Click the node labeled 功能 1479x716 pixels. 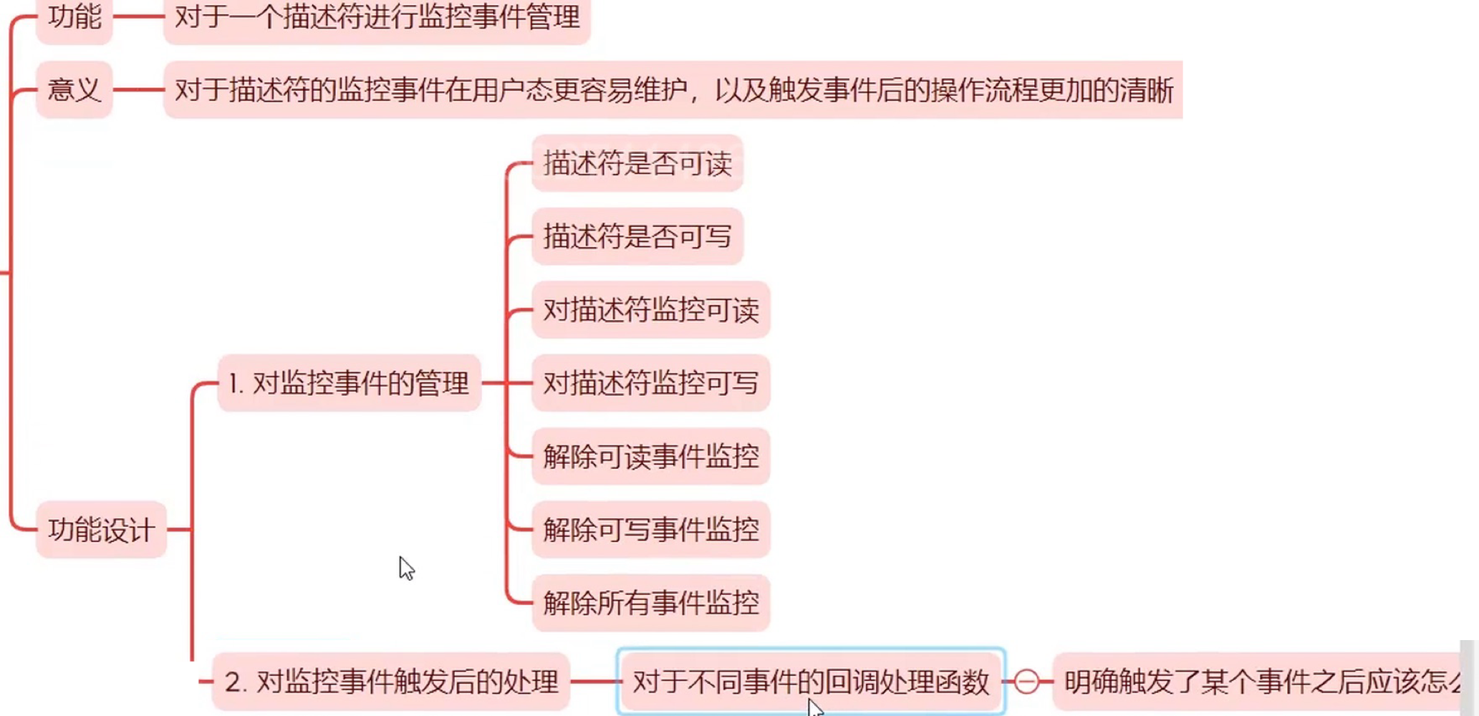click(x=74, y=17)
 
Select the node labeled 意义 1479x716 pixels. click(x=74, y=90)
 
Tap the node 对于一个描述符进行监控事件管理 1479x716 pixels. click(x=377, y=17)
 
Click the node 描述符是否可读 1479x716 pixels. click(x=637, y=164)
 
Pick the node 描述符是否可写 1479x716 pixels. click(x=637, y=237)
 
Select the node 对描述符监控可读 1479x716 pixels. click(x=650, y=310)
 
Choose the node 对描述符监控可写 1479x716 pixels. click(x=650, y=383)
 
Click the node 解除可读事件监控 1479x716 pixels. click(x=650, y=456)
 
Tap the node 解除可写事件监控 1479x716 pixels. click(x=650, y=530)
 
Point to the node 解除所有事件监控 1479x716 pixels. click(x=650, y=603)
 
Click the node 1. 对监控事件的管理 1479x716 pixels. click(x=349, y=383)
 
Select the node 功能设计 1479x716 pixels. click(x=101, y=530)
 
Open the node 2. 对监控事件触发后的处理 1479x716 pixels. click(x=391, y=682)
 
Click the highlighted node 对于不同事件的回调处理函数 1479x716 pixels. click(x=811, y=682)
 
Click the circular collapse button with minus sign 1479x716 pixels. click(x=1026, y=682)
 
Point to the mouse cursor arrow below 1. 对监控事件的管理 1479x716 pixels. click(x=406, y=568)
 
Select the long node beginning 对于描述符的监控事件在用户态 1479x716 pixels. click(x=673, y=90)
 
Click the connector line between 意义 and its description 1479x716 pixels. click(x=138, y=90)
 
